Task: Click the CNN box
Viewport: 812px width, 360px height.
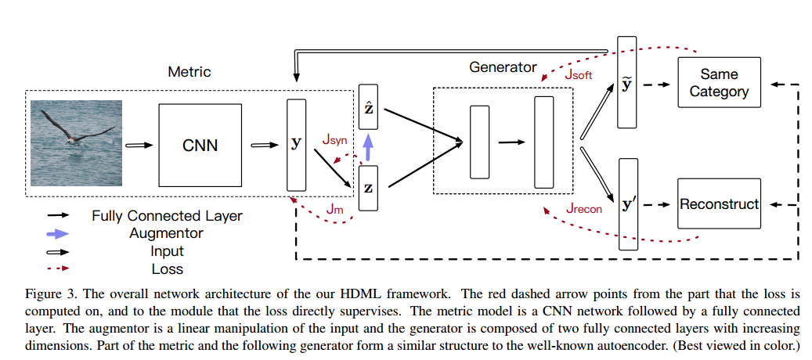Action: coord(200,145)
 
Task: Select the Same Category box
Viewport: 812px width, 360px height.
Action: coord(719,83)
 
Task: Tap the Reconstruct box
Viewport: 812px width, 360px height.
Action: coord(719,204)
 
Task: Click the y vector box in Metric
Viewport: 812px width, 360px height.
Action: coord(297,145)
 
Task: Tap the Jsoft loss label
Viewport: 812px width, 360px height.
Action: coord(579,75)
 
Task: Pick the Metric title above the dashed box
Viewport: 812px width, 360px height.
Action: coord(189,72)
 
